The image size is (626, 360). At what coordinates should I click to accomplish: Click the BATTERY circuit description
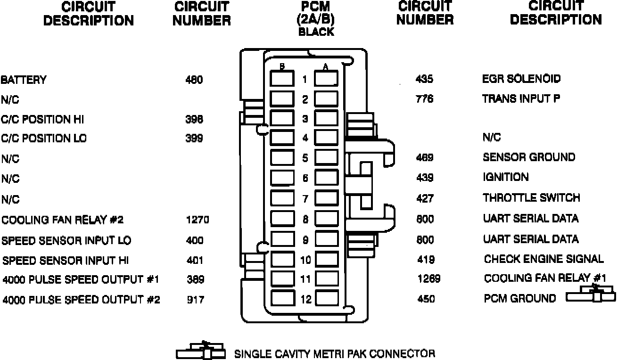(24, 80)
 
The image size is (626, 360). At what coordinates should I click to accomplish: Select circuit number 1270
(197, 220)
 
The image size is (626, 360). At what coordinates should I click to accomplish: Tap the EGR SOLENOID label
(521, 79)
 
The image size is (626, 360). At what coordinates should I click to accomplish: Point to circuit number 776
(424, 99)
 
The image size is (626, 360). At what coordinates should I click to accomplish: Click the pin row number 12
(305, 299)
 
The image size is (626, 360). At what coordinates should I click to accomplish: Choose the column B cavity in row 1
(282, 78)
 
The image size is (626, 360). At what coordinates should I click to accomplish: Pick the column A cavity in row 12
(327, 298)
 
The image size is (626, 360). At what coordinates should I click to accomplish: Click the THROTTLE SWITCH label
(531, 197)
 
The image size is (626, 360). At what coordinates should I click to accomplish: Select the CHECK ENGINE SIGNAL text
(544, 259)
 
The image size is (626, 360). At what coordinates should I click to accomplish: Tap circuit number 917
(195, 300)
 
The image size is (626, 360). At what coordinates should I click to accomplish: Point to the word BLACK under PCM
(316, 32)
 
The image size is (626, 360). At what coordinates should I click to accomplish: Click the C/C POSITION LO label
(44, 139)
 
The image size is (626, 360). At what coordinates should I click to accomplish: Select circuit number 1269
(428, 278)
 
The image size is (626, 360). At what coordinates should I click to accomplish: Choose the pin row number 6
(305, 178)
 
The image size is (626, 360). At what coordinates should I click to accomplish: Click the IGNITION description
(506, 177)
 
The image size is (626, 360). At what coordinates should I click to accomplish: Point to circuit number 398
(194, 119)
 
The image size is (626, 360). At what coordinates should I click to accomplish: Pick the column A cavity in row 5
(327, 157)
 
